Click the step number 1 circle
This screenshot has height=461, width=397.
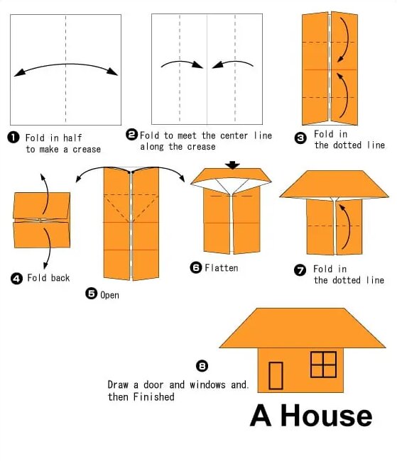(13, 138)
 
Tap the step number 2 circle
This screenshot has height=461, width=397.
(131, 135)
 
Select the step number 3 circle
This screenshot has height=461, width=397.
(300, 138)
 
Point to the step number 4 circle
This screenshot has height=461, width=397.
(16, 279)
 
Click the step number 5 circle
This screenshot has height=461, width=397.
(92, 294)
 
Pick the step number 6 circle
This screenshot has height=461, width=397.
(196, 267)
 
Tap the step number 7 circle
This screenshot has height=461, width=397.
(300, 270)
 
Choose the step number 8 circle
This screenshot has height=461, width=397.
(202, 366)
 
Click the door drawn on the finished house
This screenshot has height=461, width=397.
(276, 376)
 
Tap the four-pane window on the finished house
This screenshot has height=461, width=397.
(323, 365)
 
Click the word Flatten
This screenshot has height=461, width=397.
(222, 268)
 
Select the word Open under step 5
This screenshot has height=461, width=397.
(109, 295)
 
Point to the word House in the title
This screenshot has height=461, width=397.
(326, 416)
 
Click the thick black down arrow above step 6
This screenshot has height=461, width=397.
(233, 165)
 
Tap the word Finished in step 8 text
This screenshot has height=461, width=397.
(153, 397)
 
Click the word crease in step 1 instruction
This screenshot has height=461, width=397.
(87, 150)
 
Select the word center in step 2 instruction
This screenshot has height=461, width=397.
(234, 135)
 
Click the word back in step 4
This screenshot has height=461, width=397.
(60, 278)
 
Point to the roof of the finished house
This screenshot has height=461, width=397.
(303, 328)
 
